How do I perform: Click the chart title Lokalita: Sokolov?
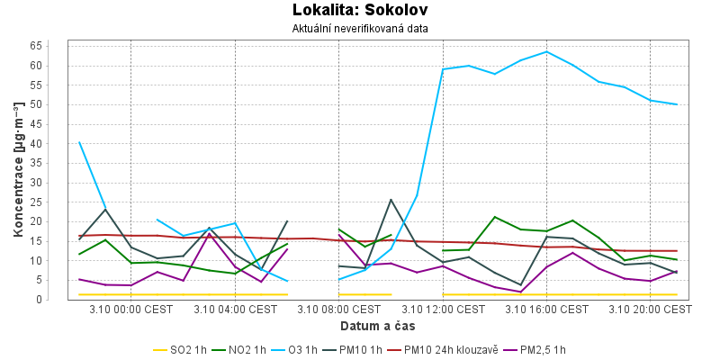[x=360, y=11]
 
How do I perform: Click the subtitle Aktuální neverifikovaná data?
[x=360, y=29]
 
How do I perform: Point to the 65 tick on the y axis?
[x=60, y=46]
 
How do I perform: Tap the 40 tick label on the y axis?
[x=60, y=144]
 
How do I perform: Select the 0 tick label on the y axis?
[x=63, y=300]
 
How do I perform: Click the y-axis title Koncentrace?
[x=19, y=171]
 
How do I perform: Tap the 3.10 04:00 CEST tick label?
[x=235, y=310]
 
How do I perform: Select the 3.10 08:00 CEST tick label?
[x=339, y=310]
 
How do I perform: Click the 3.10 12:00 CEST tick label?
[x=443, y=310]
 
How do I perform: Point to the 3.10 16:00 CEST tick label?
[x=547, y=310]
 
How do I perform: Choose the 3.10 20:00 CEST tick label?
[x=651, y=310]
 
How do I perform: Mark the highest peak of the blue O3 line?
[x=547, y=51]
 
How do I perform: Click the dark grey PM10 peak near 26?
[x=391, y=200]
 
